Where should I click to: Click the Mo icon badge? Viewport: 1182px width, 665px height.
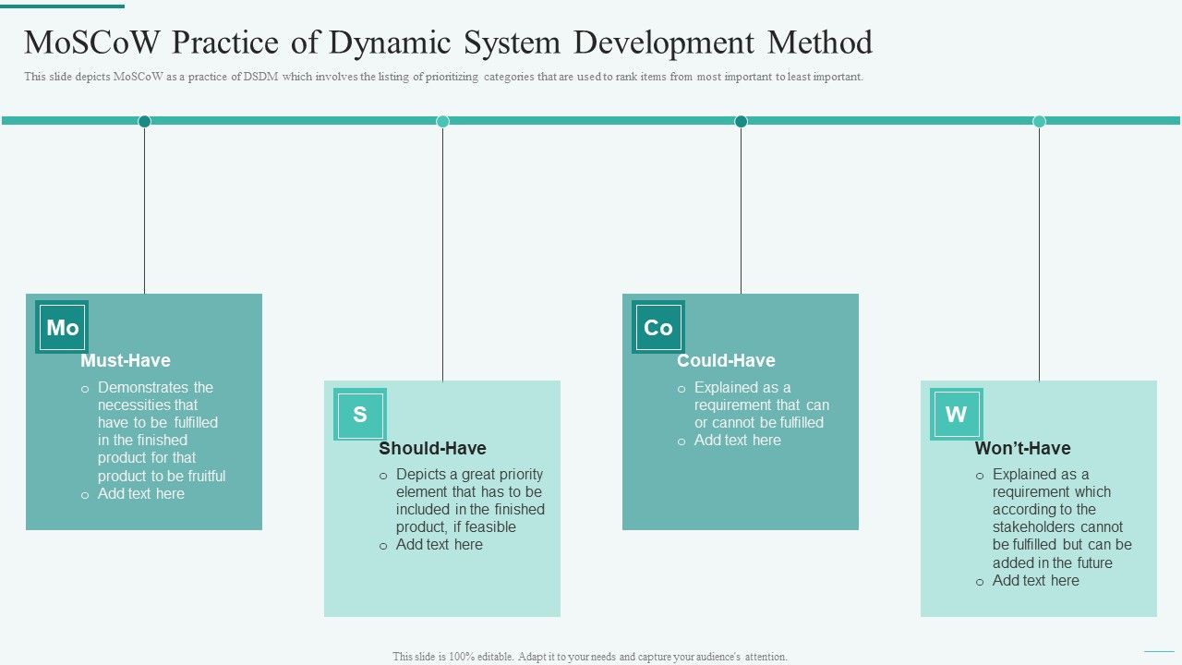tap(62, 327)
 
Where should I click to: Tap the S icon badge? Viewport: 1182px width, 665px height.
tap(360, 414)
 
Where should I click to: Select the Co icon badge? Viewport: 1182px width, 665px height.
tap(658, 327)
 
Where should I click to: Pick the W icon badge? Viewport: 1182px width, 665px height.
tap(957, 414)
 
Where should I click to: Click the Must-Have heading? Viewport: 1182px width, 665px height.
tap(126, 360)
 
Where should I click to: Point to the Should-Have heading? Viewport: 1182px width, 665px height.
tap(432, 448)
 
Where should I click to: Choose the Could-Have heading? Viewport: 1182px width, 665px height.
tap(726, 360)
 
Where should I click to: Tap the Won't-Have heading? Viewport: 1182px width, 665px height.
tap(1022, 448)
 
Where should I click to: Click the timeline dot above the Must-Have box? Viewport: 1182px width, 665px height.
tap(144, 121)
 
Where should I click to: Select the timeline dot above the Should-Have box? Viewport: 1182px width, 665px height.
tap(442, 121)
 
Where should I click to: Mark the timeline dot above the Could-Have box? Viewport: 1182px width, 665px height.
tap(741, 121)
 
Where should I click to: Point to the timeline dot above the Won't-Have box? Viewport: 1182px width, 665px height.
tap(1039, 121)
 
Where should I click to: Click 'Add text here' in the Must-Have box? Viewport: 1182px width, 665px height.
tap(141, 493)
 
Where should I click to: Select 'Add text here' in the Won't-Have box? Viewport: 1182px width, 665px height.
tap(1035, 580)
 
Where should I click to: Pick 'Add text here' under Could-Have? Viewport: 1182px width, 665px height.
tap(737, 440)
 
